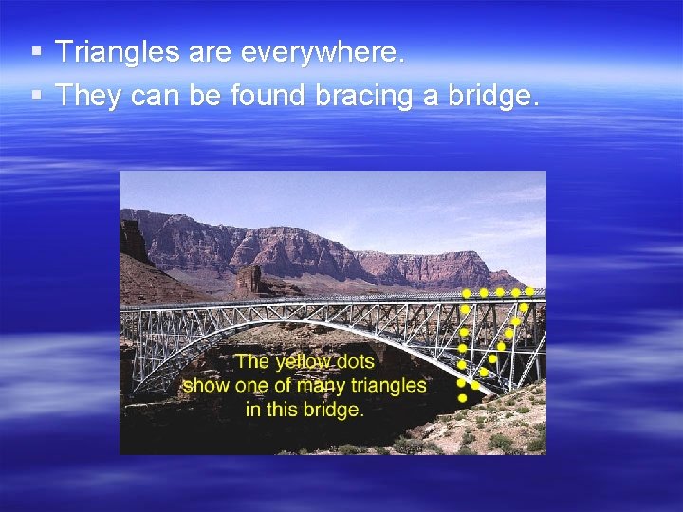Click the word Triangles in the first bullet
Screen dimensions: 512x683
coord(118,53)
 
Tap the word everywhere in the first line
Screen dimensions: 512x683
coord(323,53)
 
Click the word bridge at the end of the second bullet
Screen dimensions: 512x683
coord(492,95)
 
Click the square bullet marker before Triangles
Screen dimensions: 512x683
coord(35,53)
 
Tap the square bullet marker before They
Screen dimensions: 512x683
coord(35,95)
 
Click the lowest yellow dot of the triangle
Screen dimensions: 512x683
coord(462,399)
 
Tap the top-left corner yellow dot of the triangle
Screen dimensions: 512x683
coord(466,293)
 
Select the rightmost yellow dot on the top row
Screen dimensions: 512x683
coord(530,292)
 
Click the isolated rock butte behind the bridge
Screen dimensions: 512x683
coord(249,279)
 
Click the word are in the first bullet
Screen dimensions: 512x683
coord(209,53)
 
